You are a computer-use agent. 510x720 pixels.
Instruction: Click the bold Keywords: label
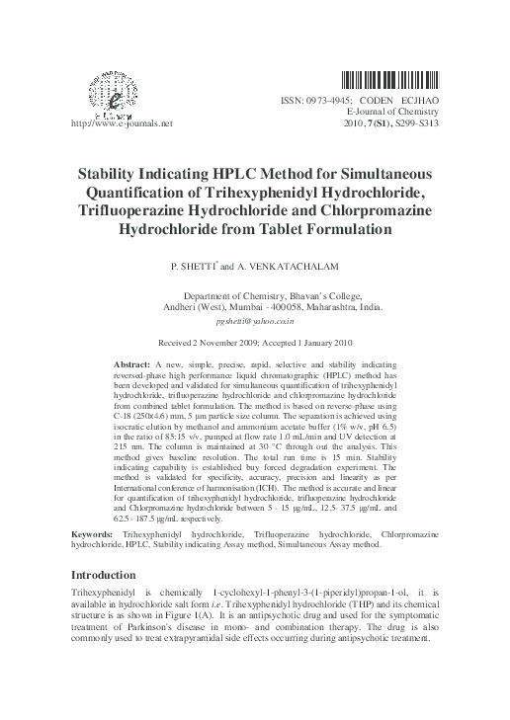pyautogui.click(x=95, y=534)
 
